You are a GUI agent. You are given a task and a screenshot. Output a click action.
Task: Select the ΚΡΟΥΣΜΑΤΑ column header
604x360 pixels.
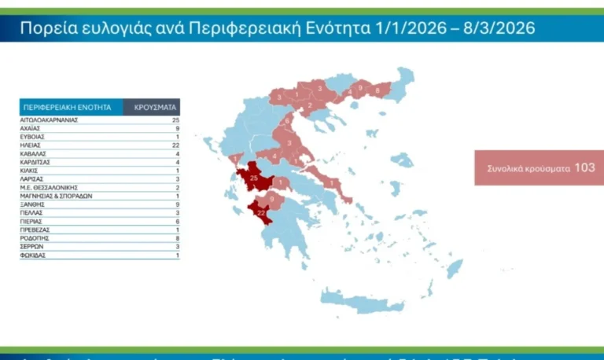click(152, 107)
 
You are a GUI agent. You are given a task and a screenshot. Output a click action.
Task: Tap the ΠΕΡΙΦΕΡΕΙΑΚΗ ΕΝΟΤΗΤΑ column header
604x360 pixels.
click(68, 107)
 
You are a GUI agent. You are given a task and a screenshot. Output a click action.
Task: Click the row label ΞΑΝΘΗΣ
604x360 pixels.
click(32, 204)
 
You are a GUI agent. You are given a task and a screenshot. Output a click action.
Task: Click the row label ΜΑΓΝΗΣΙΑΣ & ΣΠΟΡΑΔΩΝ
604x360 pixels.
click(57, 196)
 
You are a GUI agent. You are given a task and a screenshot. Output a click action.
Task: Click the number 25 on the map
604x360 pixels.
click(253, 178)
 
